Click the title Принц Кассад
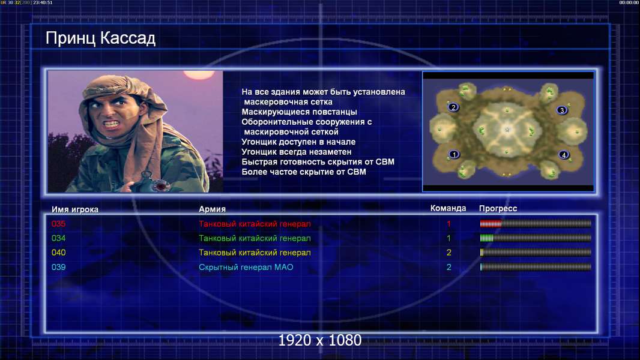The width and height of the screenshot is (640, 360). tap(100, 38)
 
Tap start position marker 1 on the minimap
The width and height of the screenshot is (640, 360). tap(454, 154)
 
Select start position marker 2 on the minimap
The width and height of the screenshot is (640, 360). tap(453, 107)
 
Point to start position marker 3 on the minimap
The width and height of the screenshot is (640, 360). tap(562, 110)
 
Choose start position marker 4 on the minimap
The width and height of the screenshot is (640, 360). tap(564, 155)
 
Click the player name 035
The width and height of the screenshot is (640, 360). tap(58, 224)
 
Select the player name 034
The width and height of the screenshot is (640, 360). tap(58, 238)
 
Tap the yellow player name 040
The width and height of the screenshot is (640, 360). tap(58, 253)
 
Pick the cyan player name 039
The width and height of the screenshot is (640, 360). tap(58, 267)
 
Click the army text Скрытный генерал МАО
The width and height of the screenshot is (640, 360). tap(246, 267)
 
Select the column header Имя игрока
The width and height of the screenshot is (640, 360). tap(74, 209)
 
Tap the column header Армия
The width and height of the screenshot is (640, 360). tap(213, 209)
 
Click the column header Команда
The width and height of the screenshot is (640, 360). tap(448, 208)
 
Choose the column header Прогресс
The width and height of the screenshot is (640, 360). tap(498, 209)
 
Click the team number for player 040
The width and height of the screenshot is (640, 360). tap(448, 253)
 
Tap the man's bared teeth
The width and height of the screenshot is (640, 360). tap(112, 123)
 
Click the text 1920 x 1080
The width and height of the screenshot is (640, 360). tap(319, 340)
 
